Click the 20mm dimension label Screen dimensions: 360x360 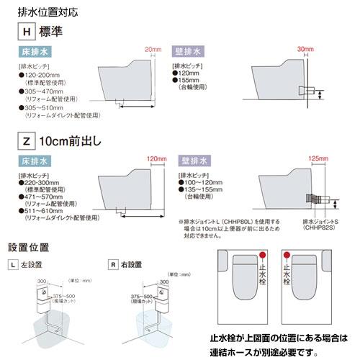tap(153, 48)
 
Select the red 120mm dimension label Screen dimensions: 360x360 tap(156, 158)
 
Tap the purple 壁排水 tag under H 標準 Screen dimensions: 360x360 tap(188, 53)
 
